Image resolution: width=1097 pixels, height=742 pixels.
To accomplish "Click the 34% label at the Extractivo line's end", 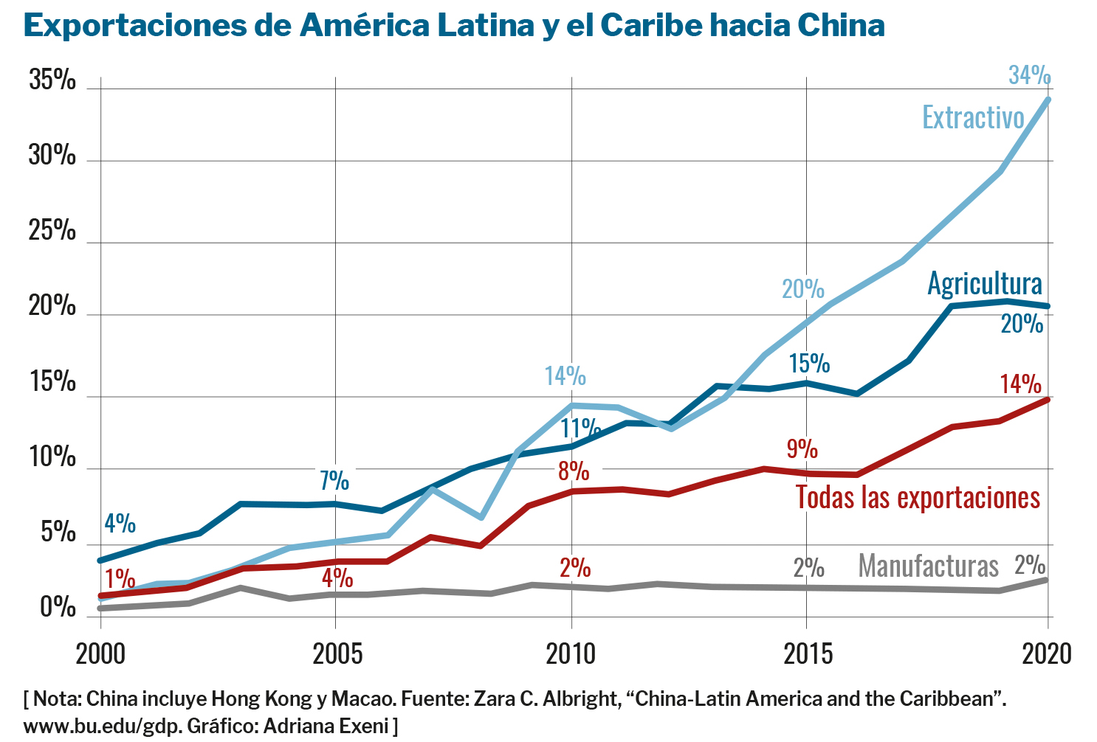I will click(1029, 75).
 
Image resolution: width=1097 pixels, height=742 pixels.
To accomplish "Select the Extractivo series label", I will click(973, 118).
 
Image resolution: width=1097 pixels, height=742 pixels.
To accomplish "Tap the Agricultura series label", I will click(985, 284).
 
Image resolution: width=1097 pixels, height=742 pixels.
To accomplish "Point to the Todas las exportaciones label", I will click(918, 498).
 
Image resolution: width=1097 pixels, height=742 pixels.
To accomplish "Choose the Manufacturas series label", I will click(928, 566).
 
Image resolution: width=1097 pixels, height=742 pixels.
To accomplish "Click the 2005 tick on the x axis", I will click(337, 654).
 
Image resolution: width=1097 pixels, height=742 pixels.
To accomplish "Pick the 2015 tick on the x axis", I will click(808, 654).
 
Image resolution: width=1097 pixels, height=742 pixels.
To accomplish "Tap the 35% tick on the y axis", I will click(52, 80).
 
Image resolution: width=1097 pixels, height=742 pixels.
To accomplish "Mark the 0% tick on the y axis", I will click(58, 607).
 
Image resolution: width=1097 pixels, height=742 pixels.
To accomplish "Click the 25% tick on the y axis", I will click(52, 231).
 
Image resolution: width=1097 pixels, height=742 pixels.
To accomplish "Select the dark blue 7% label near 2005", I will click(334, 481).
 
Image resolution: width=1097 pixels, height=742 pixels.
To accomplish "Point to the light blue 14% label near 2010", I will click(565, 376).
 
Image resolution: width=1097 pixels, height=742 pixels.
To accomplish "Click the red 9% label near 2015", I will click(802, 448).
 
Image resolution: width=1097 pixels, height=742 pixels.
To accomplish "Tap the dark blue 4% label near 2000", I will click(120, 524).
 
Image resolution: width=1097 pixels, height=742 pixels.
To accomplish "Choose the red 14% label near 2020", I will click(1020, 384).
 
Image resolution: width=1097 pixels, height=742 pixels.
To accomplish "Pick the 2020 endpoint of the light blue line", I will click(1048, 100).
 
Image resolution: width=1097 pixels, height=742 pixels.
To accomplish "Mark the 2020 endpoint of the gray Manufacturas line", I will click(1048, 580).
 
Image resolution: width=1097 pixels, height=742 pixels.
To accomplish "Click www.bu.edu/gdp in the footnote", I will click(102, 726).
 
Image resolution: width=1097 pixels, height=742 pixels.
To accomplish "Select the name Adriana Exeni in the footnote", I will click(326, 726).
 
